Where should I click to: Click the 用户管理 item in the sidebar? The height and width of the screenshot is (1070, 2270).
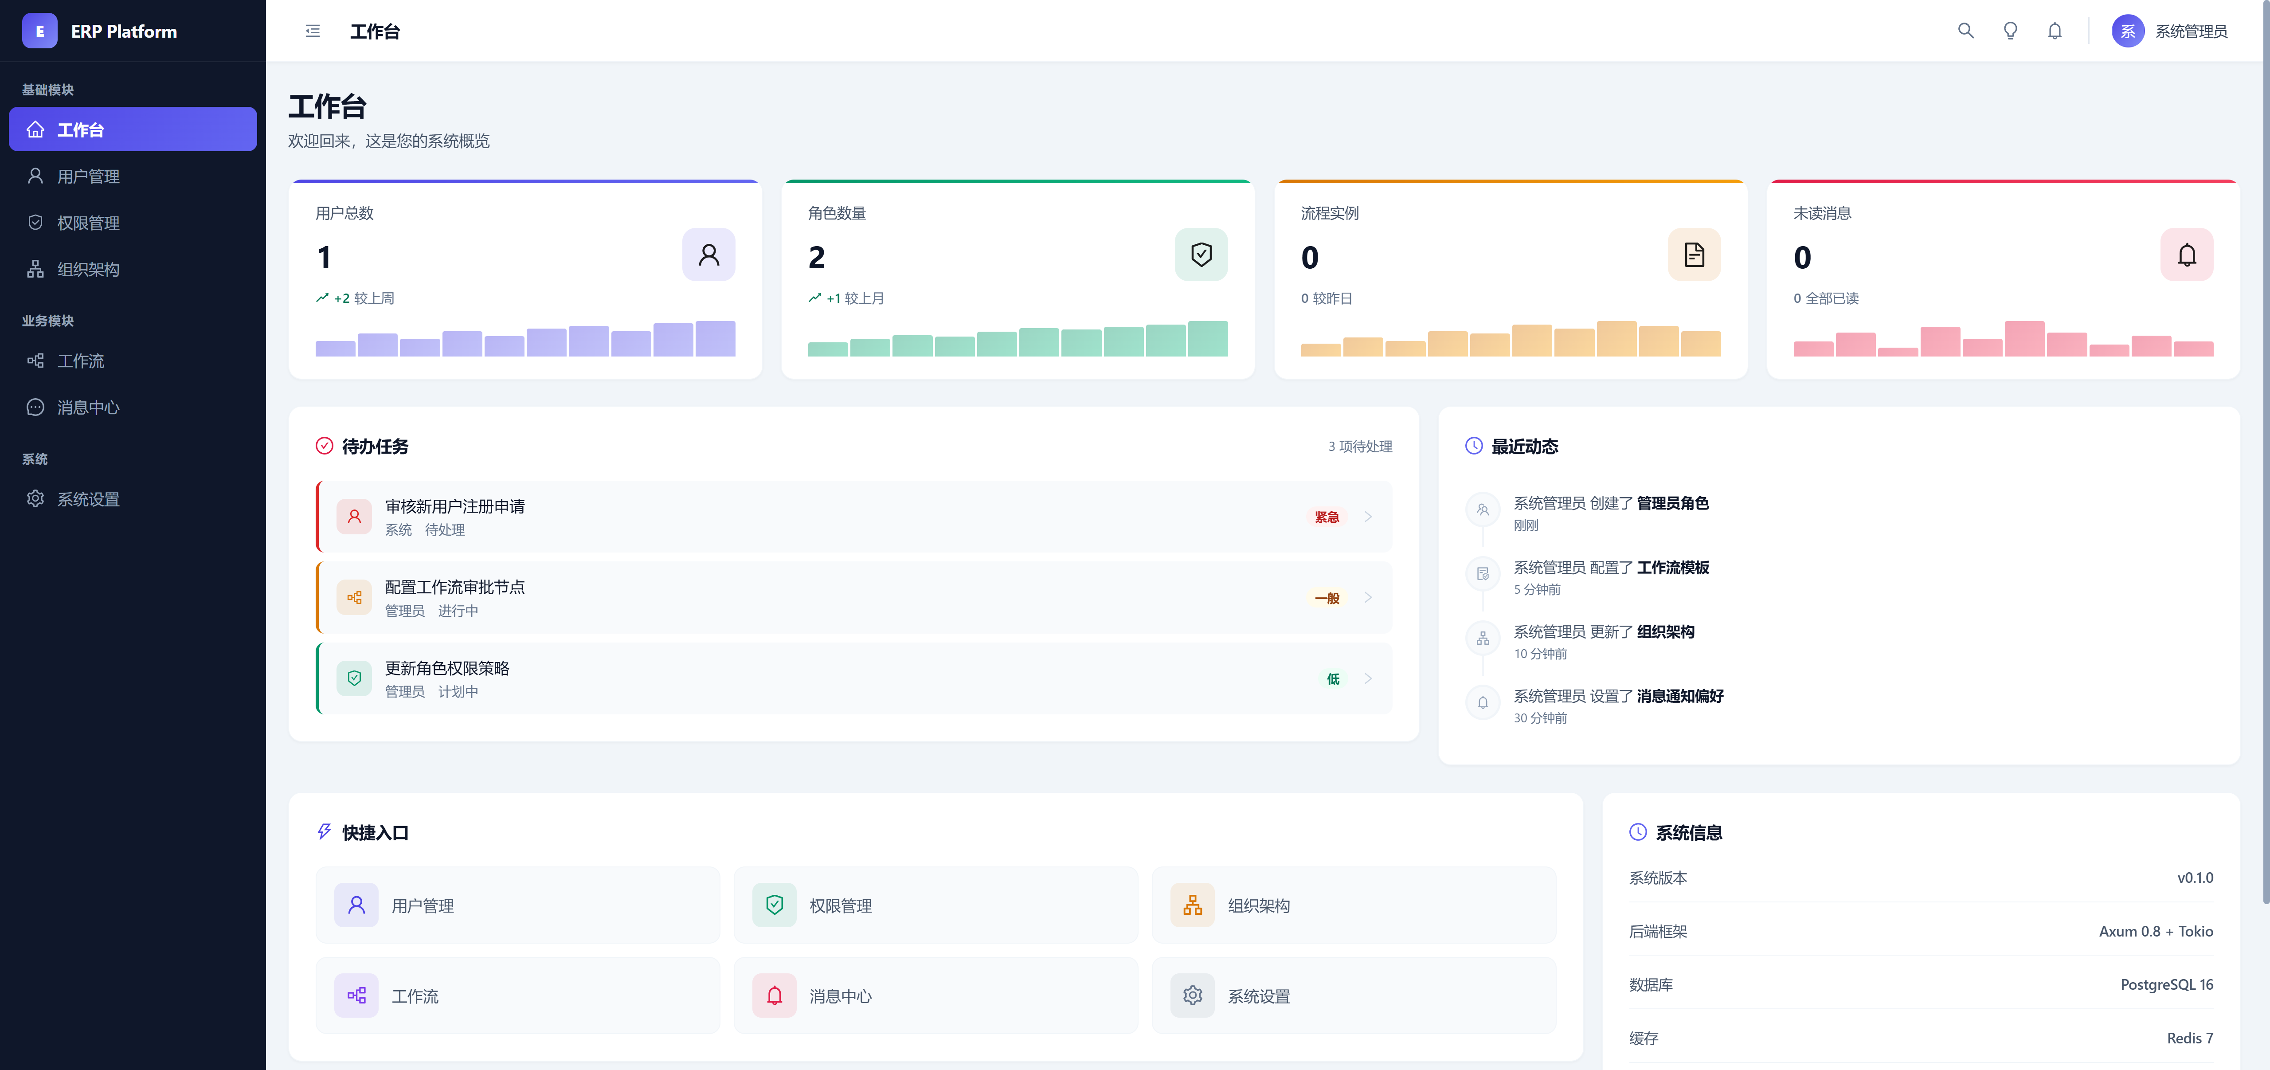(88, 176)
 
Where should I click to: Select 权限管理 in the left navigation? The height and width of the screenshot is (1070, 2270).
(88, 223)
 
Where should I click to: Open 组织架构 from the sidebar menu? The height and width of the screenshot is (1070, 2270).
(88, 270)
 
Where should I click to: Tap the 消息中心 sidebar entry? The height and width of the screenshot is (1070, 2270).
(88, 407)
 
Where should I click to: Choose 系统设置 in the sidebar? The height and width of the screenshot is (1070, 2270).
(88, 499)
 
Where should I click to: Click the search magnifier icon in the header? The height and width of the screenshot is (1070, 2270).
(1965, 31)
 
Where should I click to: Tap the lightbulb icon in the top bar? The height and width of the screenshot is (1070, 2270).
(2010, 31)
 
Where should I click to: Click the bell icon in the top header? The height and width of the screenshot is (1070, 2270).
(2054, 31)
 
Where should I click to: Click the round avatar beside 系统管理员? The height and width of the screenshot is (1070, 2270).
(2127, 31)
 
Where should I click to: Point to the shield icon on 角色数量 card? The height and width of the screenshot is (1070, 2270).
(1200, 255)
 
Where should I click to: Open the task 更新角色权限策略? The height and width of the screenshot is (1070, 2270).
(447, 668)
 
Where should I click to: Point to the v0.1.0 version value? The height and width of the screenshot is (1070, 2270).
(2194, 878)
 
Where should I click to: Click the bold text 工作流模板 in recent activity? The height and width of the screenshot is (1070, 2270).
(1672, 568)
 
